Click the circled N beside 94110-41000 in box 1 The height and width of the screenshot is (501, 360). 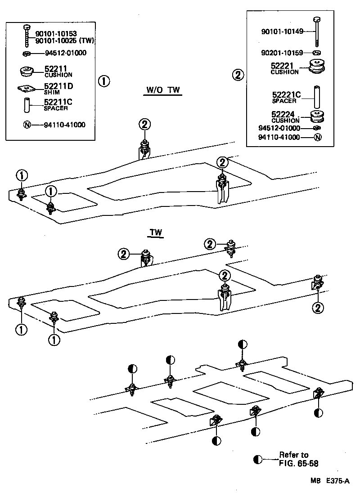(27, 125)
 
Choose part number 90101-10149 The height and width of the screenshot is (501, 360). (282, 31)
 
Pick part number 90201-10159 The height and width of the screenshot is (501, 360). (282, 53)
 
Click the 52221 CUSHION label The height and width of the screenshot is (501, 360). (284, 68)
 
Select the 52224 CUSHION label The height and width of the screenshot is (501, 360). (284, 117)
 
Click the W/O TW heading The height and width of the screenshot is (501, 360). (162, 90)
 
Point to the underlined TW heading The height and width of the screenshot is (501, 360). (156, 233)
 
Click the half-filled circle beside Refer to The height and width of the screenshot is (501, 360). (257, 459)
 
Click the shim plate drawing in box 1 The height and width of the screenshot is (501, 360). (27, 89)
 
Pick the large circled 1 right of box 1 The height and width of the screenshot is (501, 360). (103, 81)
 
